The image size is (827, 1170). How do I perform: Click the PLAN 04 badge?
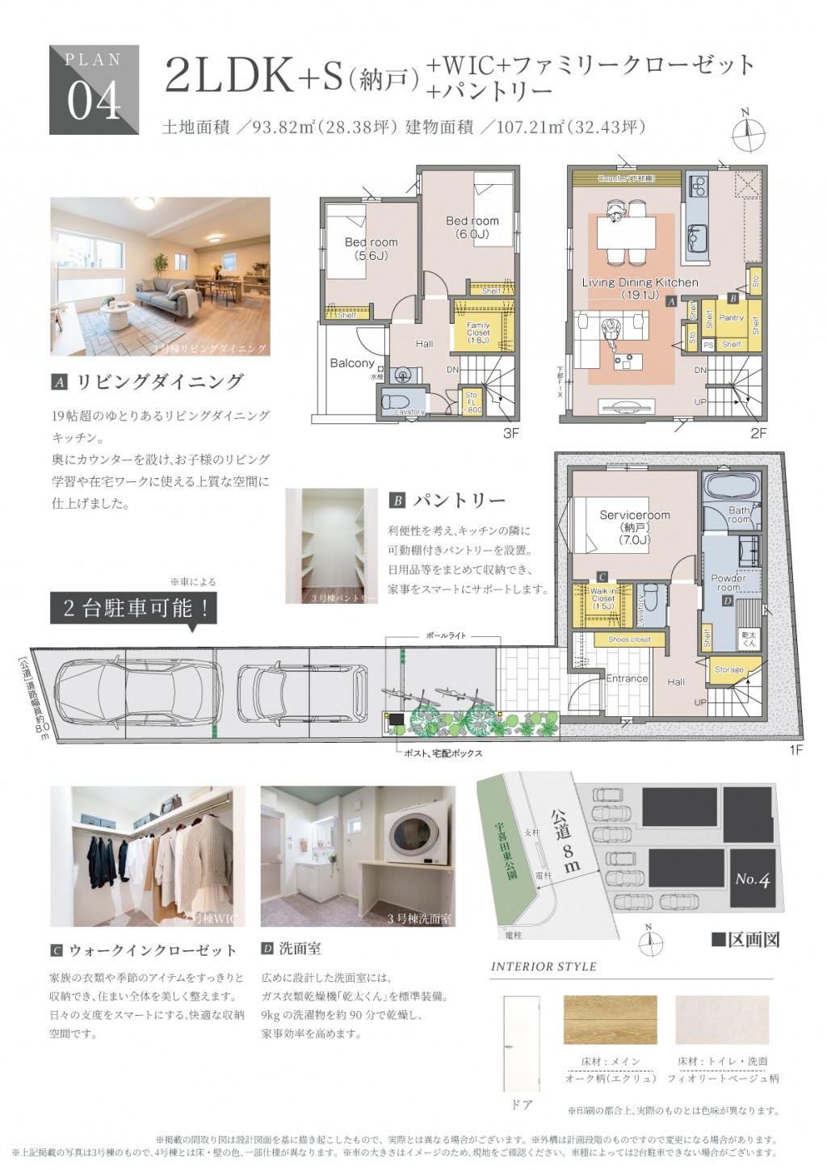[94, 90]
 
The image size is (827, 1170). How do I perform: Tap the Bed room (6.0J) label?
[472, 227]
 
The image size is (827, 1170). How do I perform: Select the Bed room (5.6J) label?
[371, 248]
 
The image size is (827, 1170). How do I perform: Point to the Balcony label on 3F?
[352, 363]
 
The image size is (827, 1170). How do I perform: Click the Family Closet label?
[478, 333]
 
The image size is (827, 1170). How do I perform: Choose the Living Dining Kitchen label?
[640, 288]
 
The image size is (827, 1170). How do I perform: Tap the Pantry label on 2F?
[731, 318]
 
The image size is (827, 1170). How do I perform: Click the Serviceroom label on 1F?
[634, 526]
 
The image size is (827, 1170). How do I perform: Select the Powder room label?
[728, 583]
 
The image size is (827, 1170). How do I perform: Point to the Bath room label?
[739, 514]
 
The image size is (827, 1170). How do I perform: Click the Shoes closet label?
[629, 640]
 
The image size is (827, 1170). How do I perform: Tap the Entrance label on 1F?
[627, 679]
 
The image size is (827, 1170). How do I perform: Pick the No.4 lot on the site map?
[752, 879]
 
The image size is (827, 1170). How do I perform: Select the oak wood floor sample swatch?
[610, 1019]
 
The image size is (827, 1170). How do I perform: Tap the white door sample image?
[521, 1043]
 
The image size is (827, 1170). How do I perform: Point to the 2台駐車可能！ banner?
[135, 608]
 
